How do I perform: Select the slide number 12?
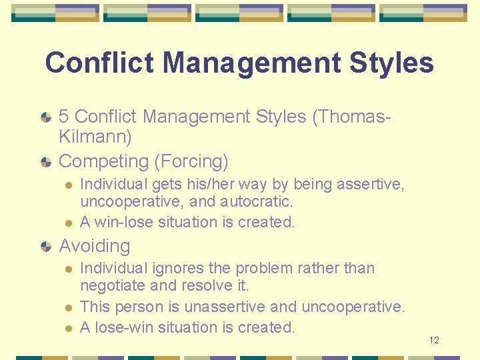434,341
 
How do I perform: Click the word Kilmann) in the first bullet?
95,138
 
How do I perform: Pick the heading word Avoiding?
95,246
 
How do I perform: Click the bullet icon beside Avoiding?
45,247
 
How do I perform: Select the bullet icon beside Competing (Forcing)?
45,162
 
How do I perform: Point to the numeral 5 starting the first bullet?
65,117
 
